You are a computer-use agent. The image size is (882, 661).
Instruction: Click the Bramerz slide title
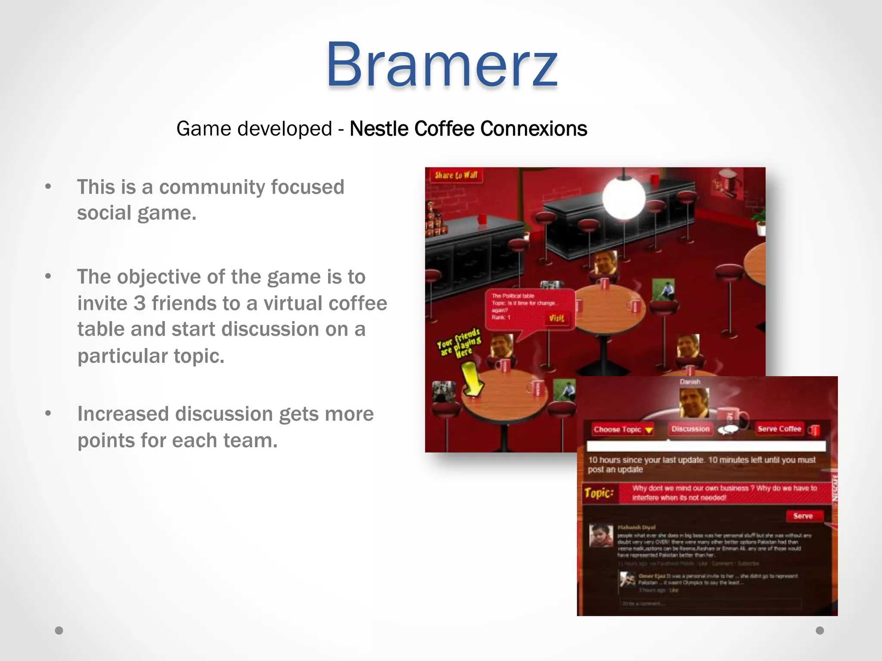pos(442,65)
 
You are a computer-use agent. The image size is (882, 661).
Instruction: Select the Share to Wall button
pos(456,175)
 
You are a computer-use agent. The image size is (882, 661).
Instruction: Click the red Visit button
pos(556,318)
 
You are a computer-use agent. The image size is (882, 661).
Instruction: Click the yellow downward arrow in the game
pos(471,379)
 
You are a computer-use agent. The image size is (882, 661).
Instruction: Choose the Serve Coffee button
pos(780,429)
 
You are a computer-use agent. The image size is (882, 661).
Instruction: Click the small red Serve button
pos(803,516)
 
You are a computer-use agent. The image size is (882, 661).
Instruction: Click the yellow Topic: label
pos(599,493)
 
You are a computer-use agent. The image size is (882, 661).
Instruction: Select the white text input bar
pos(706,446)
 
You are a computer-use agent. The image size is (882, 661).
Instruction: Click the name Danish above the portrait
pos(690,382)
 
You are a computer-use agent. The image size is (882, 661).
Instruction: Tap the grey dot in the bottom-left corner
pos(59,630)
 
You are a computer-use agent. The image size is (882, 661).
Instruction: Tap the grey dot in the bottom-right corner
pos(820,630)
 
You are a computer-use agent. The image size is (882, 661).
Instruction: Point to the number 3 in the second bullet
pos(139,303)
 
